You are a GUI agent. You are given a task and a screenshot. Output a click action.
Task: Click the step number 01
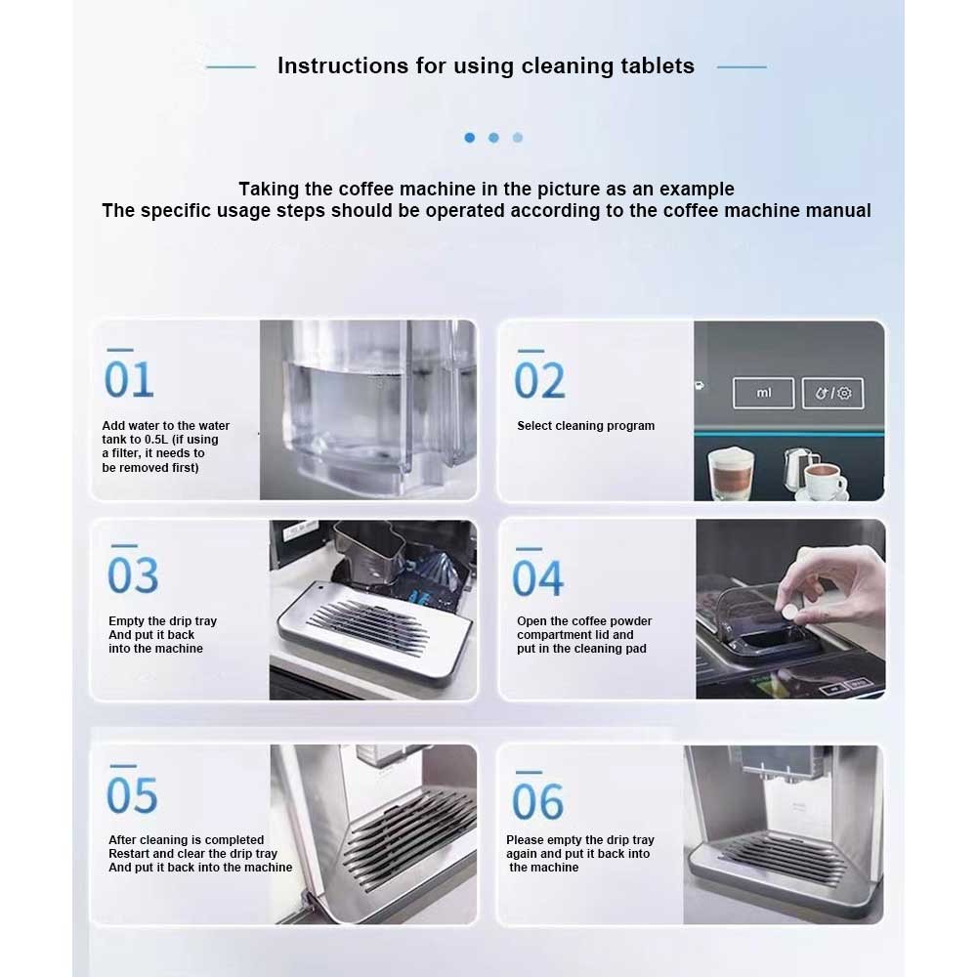click(129, 379)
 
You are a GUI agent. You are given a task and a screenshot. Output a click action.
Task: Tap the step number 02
click(539, 380)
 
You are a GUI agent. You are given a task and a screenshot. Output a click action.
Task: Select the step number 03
click(133, 575)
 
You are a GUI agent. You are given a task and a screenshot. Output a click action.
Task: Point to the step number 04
click(537, 578)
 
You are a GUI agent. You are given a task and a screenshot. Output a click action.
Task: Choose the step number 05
click(132, 795)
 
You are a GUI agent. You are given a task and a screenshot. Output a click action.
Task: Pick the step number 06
click(537, 801)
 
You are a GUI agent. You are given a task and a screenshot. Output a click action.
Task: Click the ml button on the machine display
click(763, 393)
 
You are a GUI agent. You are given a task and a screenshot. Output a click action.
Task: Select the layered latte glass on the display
click(730, 474)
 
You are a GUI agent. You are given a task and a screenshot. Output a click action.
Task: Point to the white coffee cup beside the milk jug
click(824, 481)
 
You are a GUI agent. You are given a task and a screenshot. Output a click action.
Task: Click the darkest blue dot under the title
click(470, 138)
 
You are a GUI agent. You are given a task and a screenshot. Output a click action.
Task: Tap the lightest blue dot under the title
click(518, 138)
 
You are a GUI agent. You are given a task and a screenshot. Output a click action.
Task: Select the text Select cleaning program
click(585, 426)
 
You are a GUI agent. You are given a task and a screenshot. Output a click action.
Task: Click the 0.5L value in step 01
click(156, 440)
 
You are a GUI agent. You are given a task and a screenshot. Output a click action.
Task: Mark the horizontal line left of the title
click(232, 66)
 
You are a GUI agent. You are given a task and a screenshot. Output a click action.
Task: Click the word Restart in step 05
click(129, 854)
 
